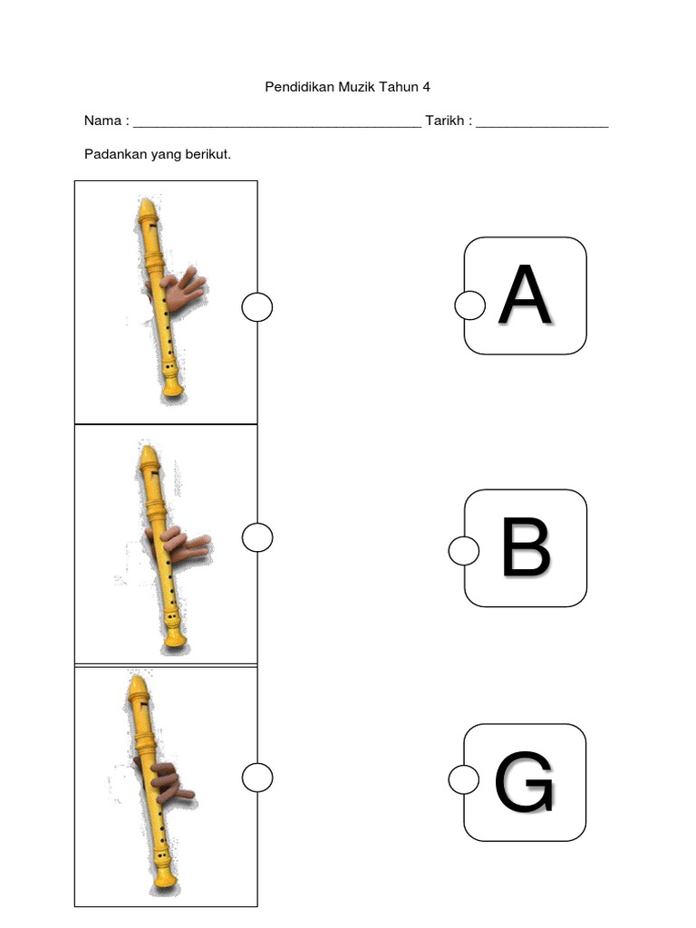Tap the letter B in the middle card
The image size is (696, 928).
(x=526, y=547)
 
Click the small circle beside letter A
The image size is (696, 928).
(x=469, y=305)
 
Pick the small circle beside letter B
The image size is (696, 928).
(x=464, y=550)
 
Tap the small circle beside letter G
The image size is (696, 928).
(x=464, y=778)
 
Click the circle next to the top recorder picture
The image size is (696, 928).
(x=257, y=308)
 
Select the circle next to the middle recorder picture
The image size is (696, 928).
(x=257, y=537)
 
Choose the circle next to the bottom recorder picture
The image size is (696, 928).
(x=257, y=777)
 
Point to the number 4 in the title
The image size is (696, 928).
(x=426, y=87)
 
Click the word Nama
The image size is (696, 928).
(x=101, y=121)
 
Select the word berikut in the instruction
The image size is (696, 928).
(x=208, y=154)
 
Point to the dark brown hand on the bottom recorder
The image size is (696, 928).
(x=169, y=778)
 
